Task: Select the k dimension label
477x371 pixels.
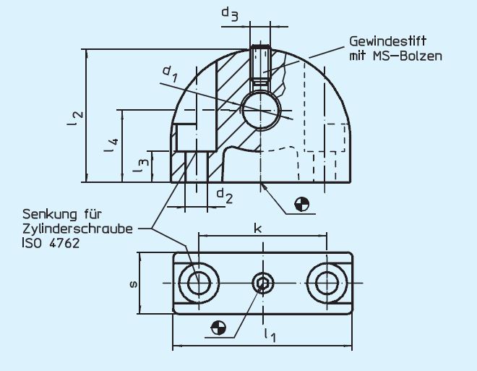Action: click(x=257, y=227)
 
